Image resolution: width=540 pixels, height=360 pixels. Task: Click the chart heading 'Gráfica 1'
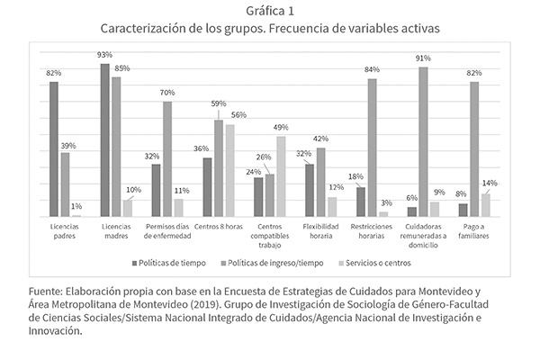point(269,11)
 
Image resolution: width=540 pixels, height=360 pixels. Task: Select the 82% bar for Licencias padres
point(54,148)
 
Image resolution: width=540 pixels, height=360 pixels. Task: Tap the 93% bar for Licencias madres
point(104,139)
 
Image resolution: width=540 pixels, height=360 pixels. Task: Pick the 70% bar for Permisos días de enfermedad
point(167,158)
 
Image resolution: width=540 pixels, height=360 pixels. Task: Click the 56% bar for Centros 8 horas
point(229,170)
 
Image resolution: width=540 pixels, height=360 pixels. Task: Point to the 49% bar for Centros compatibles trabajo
point(281,175)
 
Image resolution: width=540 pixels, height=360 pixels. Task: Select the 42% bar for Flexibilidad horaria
point(320,182)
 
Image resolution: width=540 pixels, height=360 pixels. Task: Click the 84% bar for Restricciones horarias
point(372,148)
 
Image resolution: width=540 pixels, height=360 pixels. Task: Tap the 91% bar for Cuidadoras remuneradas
point(423,141)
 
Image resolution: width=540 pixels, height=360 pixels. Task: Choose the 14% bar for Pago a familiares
point(485,204)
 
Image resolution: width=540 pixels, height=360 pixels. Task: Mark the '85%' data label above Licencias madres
point(121,68)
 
